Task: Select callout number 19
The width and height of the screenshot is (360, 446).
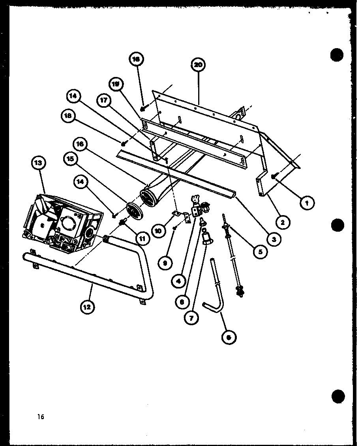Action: pos(116,84)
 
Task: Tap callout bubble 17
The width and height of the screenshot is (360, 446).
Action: pos(104,100)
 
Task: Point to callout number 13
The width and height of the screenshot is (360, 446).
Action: pos(39,162)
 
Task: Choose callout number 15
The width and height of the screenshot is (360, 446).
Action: pos(70,158)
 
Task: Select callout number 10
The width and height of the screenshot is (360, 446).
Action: pos(159,232)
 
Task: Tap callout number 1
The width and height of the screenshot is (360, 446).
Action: pos(307,203)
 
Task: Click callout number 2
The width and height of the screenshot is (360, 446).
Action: pos(283,222)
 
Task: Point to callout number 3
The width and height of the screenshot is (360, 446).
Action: pos(272,238)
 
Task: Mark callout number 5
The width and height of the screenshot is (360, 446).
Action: pos(260,251)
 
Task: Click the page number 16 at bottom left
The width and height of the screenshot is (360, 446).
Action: pos(41,416)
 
